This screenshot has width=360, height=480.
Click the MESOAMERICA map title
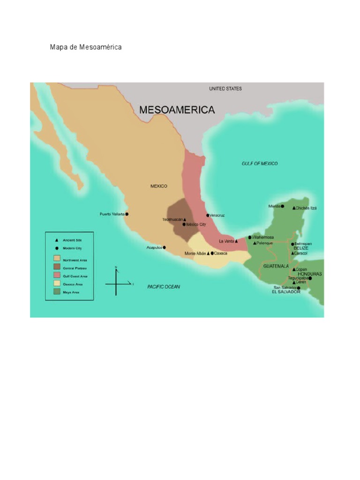pyautogui.click(x=177, y=110)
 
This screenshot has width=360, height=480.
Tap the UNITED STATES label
pyautogui.click(x=225, y=89)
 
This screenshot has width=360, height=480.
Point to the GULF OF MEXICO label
pyautogui.click(x=259, y=164)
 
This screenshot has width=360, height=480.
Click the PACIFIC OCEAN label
pyautogui.click(x=164, y=286)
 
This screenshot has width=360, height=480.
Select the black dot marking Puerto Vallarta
pyautogui.click(x=127, y=214)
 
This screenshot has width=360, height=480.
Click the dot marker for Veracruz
pyautogui.click(x=208, y=215)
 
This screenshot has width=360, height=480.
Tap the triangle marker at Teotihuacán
pyautogui.click(x=185, y=219)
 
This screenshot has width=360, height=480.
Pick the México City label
pyautogui.click(x=196, y=225)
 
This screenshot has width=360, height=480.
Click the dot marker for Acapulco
pyautogui.click(x=165, y=247)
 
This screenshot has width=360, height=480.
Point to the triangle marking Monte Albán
pyautogui.click(x=208, y=254)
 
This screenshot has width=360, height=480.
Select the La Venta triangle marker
pyautogui.click(x=236, y=241)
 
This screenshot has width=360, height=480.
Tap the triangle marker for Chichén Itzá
pyautogui.click(x=294, y=208)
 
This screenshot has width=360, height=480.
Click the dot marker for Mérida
pyautogui.click(x=282, y=206)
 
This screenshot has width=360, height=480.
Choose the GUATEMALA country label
pyautogui.click(x=276, y=266)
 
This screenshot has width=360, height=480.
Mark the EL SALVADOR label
pyautogui.click(x=285, y=292)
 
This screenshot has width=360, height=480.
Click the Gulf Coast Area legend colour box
pyautogui.click(x=57, y=275)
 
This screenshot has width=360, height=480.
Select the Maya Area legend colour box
pyautogui.click(x=57, y=292)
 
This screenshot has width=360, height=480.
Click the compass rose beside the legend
pyautogui.click(x=117, y=283)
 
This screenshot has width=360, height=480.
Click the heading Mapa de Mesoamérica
pyautogui.click(x=86, y=47)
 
